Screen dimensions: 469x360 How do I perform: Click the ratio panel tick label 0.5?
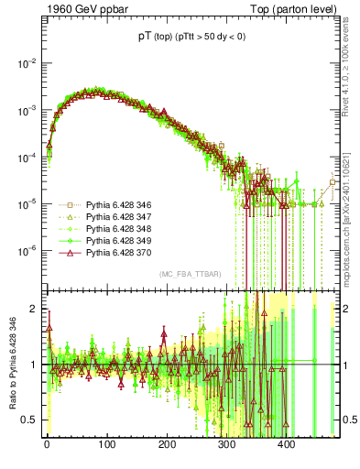30,420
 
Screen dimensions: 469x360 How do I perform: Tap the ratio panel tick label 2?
35,309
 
